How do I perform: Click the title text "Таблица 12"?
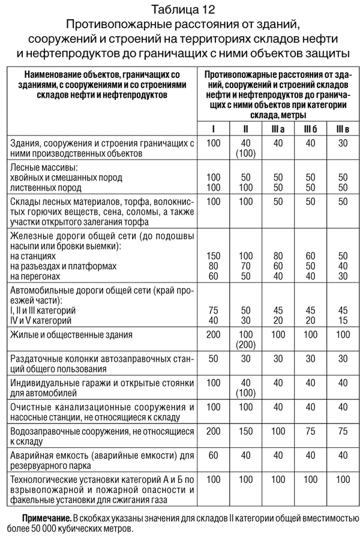(179, 10)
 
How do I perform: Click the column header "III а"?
(278, 129)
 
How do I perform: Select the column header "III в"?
(343, 129)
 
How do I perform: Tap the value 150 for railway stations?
(213, 256)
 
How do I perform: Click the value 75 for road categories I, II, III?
(213, 310)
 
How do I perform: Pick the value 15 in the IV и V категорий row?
(343, 320)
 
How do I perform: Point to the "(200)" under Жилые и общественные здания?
(245, 345)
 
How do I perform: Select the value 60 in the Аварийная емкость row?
(213, 455)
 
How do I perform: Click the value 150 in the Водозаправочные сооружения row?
(245, 431)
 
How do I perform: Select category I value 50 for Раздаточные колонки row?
(213, 359)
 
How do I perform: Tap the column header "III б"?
(310, 129)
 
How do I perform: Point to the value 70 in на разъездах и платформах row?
(245, 266)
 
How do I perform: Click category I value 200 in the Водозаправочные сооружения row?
(213, 431)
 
